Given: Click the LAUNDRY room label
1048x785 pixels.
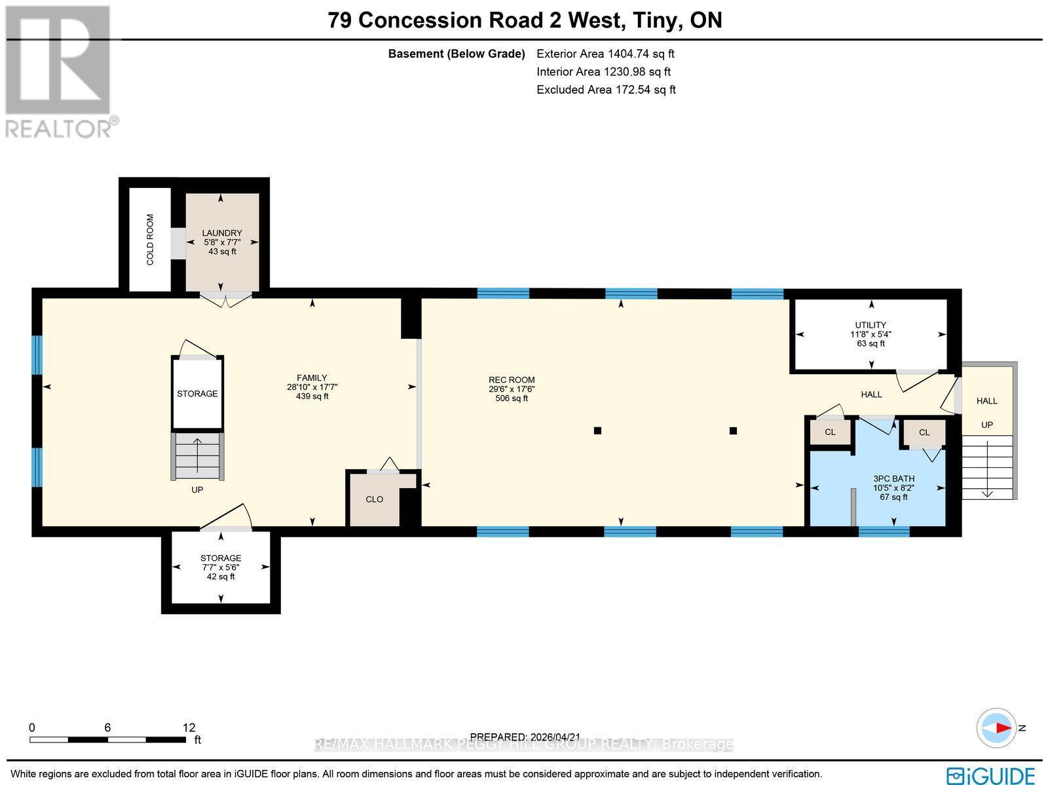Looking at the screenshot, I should [x=222, y=233].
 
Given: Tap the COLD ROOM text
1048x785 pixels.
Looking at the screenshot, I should [x=150, y=240].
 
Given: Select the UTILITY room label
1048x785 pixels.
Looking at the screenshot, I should [x=870, y=325].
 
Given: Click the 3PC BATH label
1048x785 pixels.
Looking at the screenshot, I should [x=893, y=479].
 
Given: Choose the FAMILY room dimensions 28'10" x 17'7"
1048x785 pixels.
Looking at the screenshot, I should [x=312, y=387].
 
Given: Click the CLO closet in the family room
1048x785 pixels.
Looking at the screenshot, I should [x=374, y=499].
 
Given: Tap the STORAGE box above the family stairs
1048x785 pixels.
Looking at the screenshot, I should [x=197, y=393].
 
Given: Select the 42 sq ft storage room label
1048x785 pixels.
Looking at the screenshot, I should [x=221, y=577].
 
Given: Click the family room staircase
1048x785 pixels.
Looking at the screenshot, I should [x=197, y=456].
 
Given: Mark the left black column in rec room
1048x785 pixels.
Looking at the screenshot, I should [x=597, y=431].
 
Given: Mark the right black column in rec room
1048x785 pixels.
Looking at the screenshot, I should [x=734, y=431].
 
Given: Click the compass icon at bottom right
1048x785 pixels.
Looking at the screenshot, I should [x=997, y=728].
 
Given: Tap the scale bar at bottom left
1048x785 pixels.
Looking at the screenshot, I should [x=107, y=740].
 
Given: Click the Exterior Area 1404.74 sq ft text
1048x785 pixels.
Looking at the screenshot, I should [x=605, y=54].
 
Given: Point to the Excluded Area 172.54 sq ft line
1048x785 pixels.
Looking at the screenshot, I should [x=606, y=90].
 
